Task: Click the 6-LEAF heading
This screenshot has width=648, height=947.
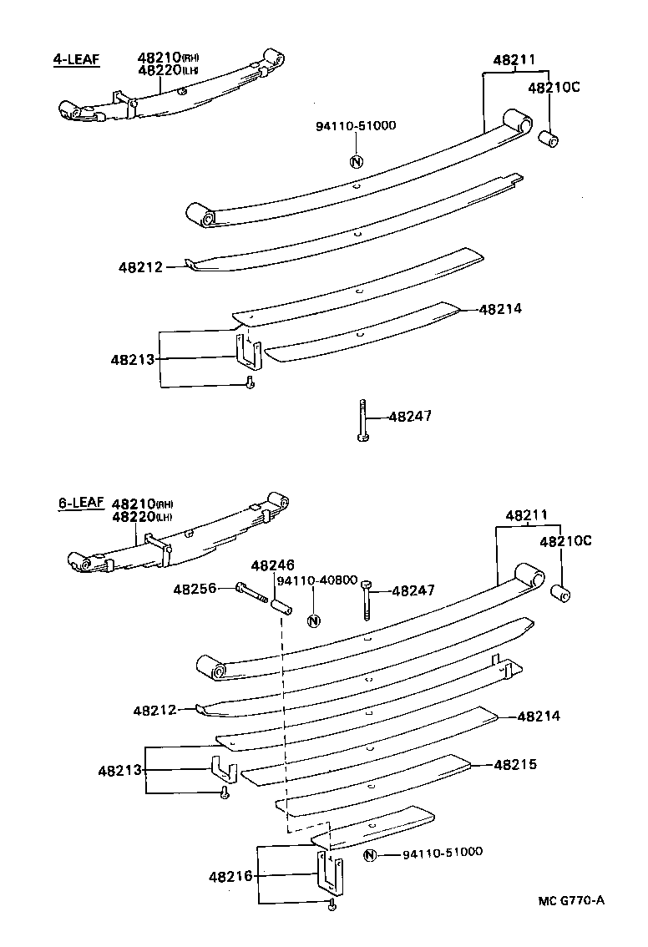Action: point(81,503)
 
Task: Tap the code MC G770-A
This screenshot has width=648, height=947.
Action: point(570,900)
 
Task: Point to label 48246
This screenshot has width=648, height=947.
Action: point(272,565)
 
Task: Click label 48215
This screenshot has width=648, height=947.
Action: point(514,764)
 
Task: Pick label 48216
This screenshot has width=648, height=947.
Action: point(230,876)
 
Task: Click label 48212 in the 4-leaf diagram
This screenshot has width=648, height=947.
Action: point(140,267)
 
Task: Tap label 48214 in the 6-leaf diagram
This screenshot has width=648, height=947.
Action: point(539,717)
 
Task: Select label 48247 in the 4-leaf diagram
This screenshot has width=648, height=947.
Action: point(410,416)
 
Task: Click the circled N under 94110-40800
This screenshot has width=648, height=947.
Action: point(314,620)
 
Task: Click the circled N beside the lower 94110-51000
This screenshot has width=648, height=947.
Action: point(372,854)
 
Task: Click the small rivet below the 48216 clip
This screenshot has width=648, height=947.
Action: point(332,905)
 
